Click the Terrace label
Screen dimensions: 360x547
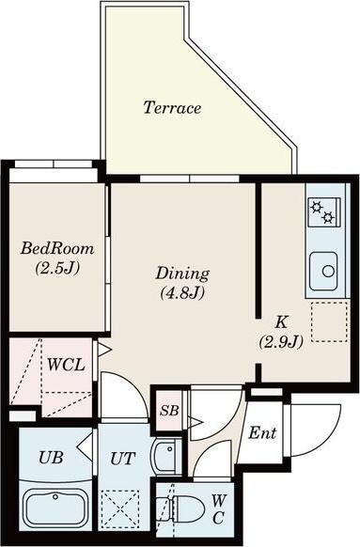[x=172, y=107]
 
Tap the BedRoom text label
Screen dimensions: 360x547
[x=57, y=249]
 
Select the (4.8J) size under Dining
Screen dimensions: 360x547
[x=182, y=293]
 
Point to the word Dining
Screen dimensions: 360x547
[x=182, y=274]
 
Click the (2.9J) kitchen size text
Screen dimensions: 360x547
[x=281, y=342]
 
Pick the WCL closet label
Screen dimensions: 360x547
[x=66, y=365]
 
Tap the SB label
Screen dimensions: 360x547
[x=169, y=410]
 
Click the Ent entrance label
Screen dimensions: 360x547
[x=262, y=433]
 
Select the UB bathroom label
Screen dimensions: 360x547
[x=51, y=458]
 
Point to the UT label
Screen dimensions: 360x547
[x=123, y=458]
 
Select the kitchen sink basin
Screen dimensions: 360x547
[x=323, y=271]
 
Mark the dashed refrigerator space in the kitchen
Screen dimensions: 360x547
[x=329, y=322]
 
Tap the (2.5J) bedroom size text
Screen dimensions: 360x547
[x=57, y=268]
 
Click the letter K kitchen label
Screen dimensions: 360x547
[x=281, y=322]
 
